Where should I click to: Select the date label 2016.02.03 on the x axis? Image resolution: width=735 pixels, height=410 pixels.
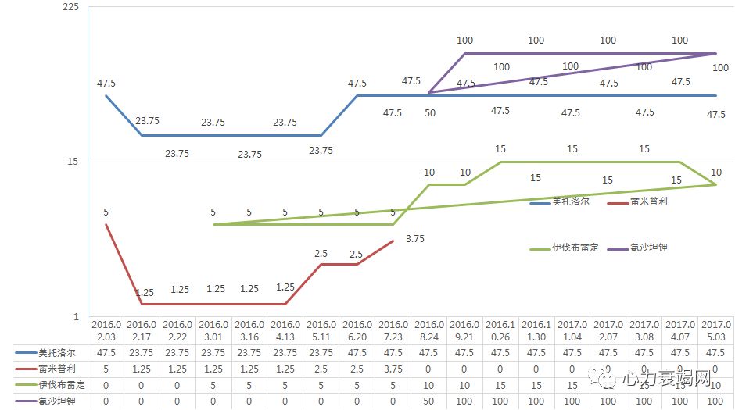click(x=106, y=330)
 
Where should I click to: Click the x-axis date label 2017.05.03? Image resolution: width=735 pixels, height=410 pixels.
click(x=716, y=330)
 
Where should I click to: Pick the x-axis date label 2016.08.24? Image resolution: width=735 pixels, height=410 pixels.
click(x=429, y=330)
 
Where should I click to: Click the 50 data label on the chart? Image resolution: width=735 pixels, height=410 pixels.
click(x=429, y=113)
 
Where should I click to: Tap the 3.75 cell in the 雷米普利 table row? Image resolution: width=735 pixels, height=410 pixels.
click(x=393, y=368)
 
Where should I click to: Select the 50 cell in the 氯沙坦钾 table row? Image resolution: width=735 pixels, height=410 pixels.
click(x=429, y=401)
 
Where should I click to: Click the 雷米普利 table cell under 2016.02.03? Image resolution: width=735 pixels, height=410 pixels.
click(x=106, y=368)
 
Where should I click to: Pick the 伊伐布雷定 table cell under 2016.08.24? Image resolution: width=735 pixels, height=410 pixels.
click(x=429, y=384)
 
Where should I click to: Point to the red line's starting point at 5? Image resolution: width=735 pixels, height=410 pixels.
click(x=106, y=225)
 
